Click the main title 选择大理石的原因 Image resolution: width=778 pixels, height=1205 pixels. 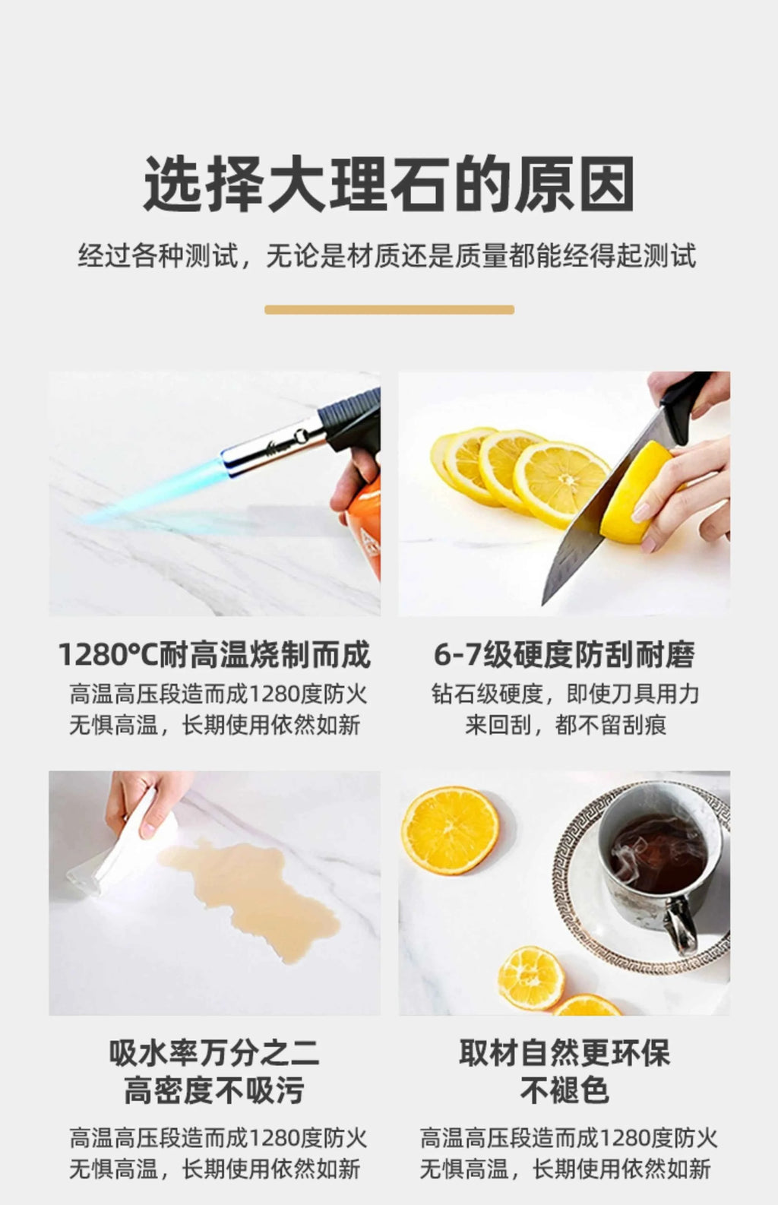(x=388, y=184)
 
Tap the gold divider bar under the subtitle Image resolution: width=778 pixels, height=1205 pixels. (x=389, y=309)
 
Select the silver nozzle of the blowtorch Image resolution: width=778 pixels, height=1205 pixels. (x=274, y=446)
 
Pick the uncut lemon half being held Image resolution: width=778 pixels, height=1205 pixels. (x=636, y=492)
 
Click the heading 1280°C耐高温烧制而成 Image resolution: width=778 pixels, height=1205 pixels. (x=214, y=655)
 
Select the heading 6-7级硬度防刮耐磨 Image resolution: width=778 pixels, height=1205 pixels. (x=565, y=655)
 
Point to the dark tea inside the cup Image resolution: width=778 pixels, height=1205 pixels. (x=659, y=850)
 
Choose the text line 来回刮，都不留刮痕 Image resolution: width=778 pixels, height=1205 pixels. (x=565, y=725)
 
